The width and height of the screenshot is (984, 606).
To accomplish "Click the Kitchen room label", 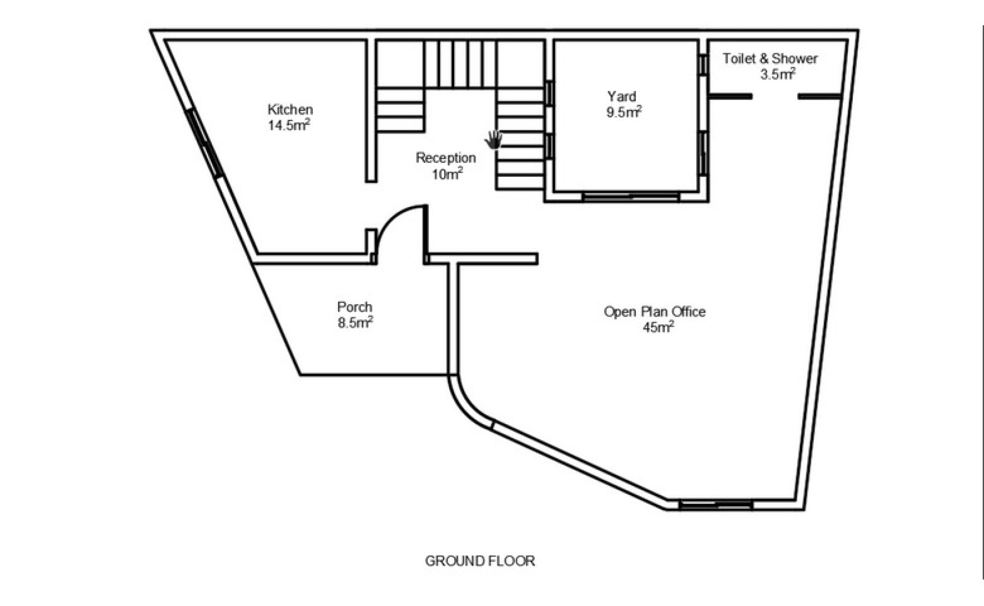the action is [x=290, y=109].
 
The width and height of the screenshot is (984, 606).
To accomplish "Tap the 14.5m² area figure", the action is [x=289, y=125].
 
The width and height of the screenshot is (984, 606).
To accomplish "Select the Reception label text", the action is [x=446, y=158].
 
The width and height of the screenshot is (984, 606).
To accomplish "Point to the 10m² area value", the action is [x=447, y=173].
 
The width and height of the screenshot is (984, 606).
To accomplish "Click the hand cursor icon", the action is [x=493, y=140].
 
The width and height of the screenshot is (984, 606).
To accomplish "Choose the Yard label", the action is [x=622, y=97].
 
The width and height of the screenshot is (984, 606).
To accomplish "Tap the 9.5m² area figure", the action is [x=623, y=112].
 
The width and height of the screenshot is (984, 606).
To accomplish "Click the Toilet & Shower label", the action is [x=770, y=58].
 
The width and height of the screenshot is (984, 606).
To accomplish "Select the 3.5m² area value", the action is [x=778, y=74].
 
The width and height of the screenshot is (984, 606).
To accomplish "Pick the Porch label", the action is [x=354, y=307].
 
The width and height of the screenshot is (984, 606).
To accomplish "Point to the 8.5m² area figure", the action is [x=355, y=323].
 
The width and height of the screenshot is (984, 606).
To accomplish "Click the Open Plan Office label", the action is [x=654, y=312].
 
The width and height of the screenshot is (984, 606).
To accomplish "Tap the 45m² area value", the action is [x=658, y=327].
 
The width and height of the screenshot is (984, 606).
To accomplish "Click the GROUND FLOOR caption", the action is [x=480, y=561].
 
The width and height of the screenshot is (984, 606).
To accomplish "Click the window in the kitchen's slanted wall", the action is [x=205, y=143].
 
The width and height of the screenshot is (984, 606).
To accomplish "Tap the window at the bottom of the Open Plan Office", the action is [x=715, y=505].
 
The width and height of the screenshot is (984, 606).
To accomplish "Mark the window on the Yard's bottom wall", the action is [x=631, y=196].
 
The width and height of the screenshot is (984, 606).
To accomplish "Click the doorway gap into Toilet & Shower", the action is [x=775, y=97].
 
